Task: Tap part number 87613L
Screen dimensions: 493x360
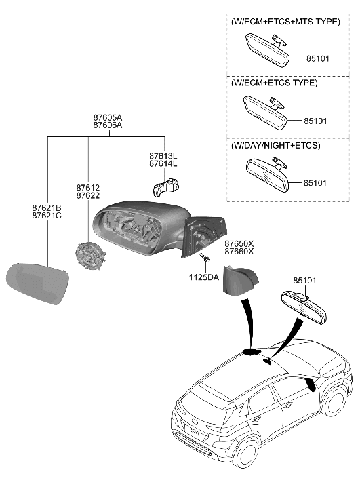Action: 163,156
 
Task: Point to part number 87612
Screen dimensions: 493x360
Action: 87,186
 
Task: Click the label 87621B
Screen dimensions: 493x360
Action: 46,207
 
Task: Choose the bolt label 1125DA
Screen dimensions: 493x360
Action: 204,277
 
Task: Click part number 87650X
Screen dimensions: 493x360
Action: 239,243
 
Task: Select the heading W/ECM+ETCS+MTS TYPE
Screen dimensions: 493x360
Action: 285,22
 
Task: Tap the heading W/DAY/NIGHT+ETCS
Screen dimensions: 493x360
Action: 276,145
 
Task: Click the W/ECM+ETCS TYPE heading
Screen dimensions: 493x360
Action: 274,83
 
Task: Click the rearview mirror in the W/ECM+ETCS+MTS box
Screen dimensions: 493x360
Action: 267,50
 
